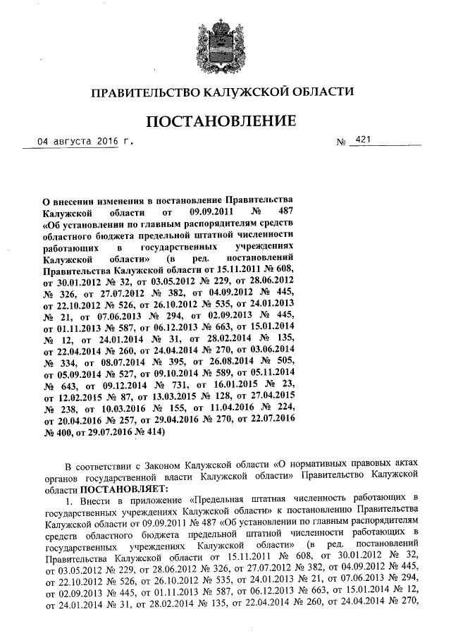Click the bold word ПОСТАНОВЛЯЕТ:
[124, 488]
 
